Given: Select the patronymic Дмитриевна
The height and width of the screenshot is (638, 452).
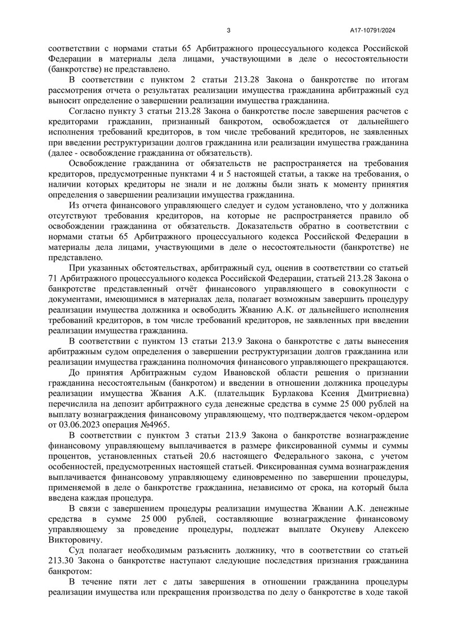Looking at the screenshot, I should (x=374, y=393).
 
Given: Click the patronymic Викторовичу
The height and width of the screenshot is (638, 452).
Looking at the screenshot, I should (x=72, y=541).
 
